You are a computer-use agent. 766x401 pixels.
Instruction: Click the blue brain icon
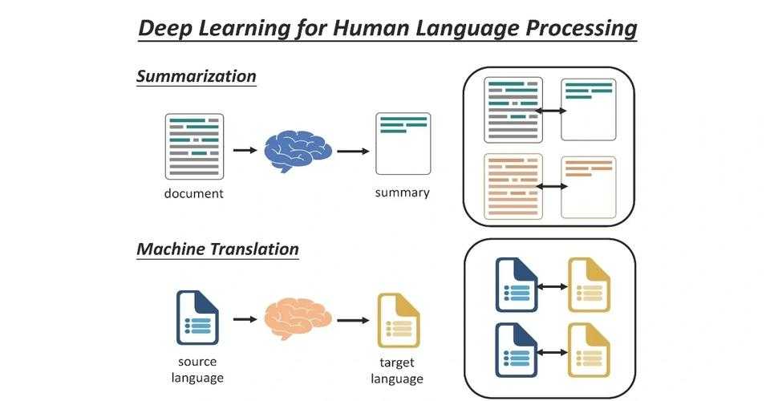coord(298,151)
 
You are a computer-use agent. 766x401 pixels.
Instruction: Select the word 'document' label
coord(194,193)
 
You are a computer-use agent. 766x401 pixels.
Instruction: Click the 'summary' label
coord(402,192)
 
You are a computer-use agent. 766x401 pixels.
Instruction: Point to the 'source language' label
coord(197,370)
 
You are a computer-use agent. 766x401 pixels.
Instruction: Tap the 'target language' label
coord(397,371)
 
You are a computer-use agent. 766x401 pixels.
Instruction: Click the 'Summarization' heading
coord(197,76)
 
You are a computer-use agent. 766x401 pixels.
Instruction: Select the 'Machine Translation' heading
coord(217,249)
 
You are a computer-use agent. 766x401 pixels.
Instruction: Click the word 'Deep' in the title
coord(165,28)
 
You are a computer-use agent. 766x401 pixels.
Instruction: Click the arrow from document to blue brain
coord(245,150)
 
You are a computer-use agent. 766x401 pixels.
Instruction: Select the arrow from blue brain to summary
coord(353,151)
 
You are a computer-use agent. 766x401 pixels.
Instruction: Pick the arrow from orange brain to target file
coord(353,321)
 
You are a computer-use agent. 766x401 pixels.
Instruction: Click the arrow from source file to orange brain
coord(245,319)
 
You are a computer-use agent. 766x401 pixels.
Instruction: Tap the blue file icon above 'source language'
coord(197,318)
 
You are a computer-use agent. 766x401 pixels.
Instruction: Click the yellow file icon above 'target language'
coord(398,321)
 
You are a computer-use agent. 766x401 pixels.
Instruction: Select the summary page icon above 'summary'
coord(403,144)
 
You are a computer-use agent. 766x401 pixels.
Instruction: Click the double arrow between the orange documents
coord(552,186)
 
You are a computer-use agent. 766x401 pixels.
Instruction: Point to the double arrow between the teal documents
coord(550,111)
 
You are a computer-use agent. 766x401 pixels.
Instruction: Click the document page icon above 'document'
coord(194,147)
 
